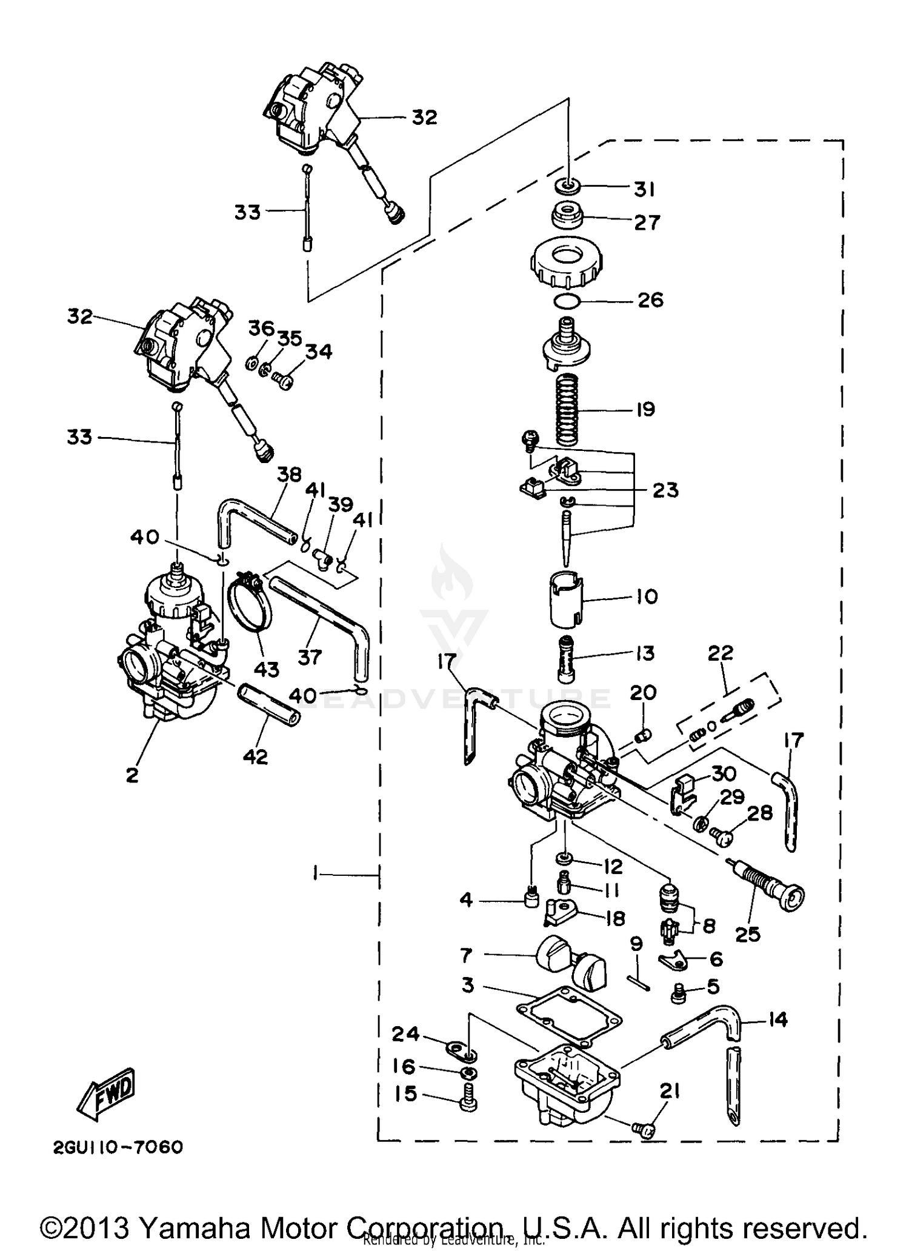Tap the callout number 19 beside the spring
point(645,409)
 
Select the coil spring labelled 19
point(572,409)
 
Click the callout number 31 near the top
point(644,190)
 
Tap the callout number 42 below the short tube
point(255,756)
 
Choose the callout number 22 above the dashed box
point(720,653)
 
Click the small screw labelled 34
point(283,379)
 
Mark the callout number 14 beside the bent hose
point(777,1019)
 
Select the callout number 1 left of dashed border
point(316,873)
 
